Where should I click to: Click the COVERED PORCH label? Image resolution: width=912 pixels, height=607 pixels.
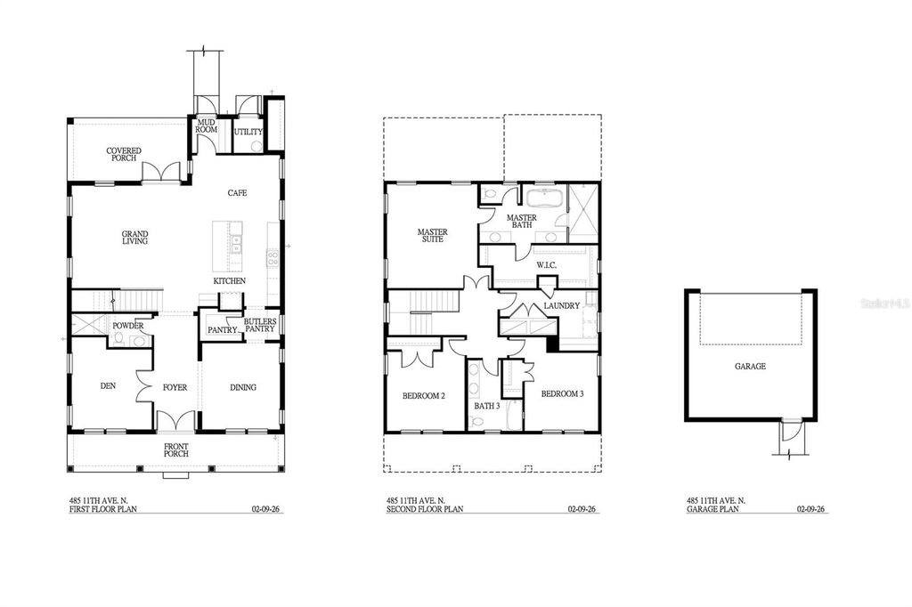click(124, 154)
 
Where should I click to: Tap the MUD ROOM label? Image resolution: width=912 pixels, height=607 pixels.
click(208, 126)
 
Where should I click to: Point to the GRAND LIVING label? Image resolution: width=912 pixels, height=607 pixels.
click(135, 238)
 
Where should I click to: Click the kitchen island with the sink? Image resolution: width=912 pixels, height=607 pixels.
click(228, 247)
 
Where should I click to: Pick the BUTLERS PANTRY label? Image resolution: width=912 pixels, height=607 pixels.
click(260, 325)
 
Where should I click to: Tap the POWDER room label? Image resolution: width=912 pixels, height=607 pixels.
click(127, 326)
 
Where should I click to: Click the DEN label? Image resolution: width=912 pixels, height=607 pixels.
click(108, 386)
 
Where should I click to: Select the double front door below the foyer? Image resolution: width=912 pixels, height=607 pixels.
click(175, 421)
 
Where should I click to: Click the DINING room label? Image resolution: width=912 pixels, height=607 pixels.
click(243, 387)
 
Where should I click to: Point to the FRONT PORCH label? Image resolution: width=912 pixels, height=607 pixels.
click(175, 449)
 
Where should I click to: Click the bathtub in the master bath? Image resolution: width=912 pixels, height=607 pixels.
click(541, 198)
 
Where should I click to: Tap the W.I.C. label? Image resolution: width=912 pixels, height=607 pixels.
click(547, 264)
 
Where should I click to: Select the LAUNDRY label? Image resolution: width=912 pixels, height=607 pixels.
click(563, 305)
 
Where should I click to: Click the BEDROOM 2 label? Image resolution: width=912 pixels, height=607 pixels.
click(424, 395)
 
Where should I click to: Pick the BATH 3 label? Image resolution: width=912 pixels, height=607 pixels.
click(486, 406)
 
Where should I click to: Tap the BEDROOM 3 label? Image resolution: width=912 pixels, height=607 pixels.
click(562, 393)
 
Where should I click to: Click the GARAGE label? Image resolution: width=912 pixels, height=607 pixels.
click(750, 366)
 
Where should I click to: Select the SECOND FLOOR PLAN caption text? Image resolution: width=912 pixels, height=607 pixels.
click(425, 510)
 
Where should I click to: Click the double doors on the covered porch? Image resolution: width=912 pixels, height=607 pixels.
click(163, 172)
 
